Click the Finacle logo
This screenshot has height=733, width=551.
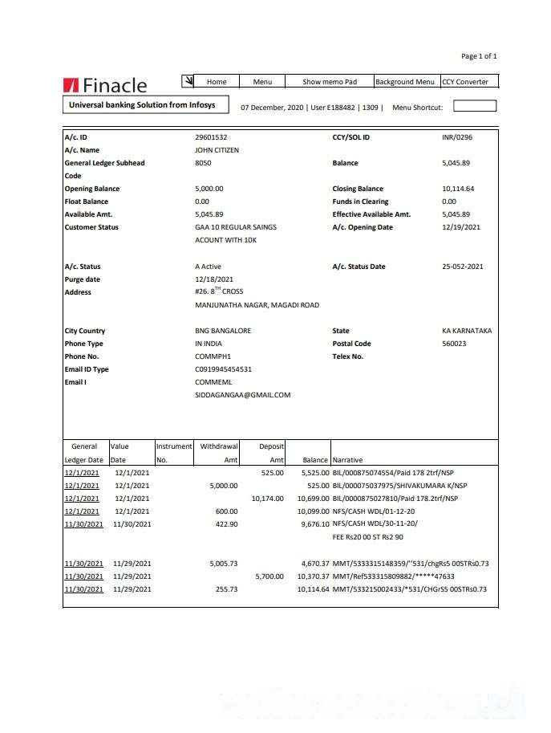pyautogui.click(x=105, y=85)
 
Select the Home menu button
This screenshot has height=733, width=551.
pyautogui.click(x=217, y=82)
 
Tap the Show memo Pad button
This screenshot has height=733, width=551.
pyautogui.click(x=329, y=82)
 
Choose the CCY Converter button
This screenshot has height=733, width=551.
pyautogui.click(x=469, y=82)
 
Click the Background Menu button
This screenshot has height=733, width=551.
pyautogui.click(x=405, y=82)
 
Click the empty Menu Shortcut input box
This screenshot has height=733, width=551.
pyautogui.click(x=475, y=106)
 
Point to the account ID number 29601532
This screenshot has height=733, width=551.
pyautogui.click(x=211, y=137)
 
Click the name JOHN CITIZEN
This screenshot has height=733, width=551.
pyautogui.click(x=217, y=150)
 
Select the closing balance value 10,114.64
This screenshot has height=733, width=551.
pyautogui.click(x=458, y=189)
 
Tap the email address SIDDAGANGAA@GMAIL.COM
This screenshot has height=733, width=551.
pyautogui.click(x=242, y=395)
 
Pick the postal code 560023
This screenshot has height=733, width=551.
pyautogui.click(x=454, y=344)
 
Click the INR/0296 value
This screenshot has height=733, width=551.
pyautogui.click(x=457, y=137)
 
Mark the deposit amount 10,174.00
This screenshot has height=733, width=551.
pyautogui.click(x=267, y=499)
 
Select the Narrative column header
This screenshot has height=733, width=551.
pyautogui.click(x=347, y=460)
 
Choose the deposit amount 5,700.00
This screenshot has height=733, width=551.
pyautogui.click(x=269, y=576)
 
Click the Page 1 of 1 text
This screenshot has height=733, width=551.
pyautogui.click(x=479, y=56)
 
